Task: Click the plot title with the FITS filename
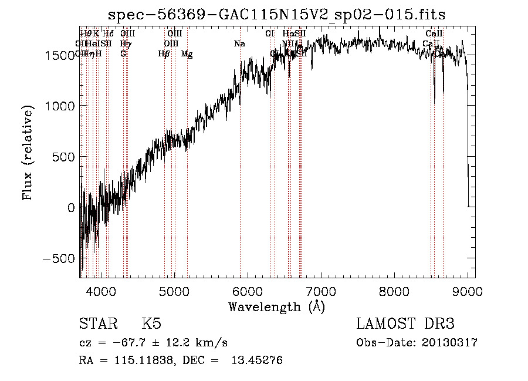coord(277,14)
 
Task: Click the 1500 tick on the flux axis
coord(61,55)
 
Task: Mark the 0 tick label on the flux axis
coord(70,208)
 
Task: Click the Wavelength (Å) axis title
coord(277,306)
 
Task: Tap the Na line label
coord(239,44)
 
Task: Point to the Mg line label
coord(187,54)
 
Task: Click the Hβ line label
coord(164,54)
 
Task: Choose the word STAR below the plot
coord(97,324)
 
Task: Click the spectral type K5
coord(151,324)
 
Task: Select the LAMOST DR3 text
coord(405,324)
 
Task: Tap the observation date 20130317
coord(449,343)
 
